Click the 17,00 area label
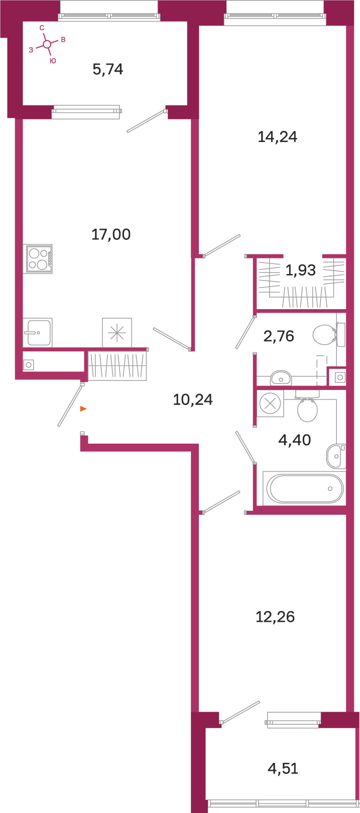pyautogui.click(x=111, y=234)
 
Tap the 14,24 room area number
pyautogui.click(x=278, y=137)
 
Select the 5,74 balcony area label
pyautogui.click(x=108, y=69)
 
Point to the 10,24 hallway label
pyautogui.click(x=193, y=399)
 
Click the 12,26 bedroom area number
pyautogui.click(x=275, y=617)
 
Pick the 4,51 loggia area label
pyautogui.click(x=283, y=768)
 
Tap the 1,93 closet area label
pyautogui.click(x=300, y=270)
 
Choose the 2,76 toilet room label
pyautogui.click(x=279, y=336)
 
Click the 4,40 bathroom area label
pyautogui.click(x=295, y=440)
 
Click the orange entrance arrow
pyautogui.click(x=83, y=409)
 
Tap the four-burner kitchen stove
pyautogui.click(x=38, y=259)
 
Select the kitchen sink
pyautogui.click(x=38, y=332)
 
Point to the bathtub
pyautogui.click(x=304, y=488)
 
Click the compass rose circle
pyautogui.click(x=47, y=44)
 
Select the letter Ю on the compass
pyautogui.click(x=53, y=61)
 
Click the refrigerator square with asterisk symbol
pyautogui.click(x=117, y=332)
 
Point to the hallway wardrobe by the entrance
pyautogui.click(x=117, y=366)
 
